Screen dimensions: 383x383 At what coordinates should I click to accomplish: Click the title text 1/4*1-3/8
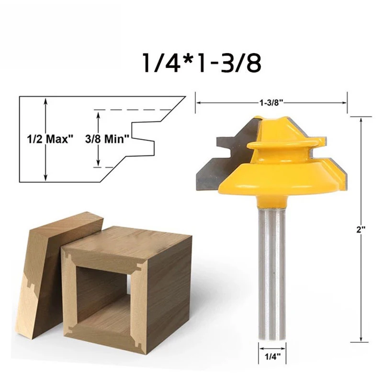coord(202,63)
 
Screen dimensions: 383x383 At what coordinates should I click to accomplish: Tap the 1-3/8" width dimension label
coord(271,102)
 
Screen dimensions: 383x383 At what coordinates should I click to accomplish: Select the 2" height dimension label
coord(360,230)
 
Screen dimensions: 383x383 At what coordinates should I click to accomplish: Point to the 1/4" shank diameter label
coord(272,357)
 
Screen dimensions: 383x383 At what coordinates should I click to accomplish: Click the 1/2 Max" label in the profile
coord(50,139)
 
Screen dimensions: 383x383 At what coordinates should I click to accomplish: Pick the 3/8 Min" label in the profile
coord(107,139)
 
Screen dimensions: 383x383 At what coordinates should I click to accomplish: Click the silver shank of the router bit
coord(272,273)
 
